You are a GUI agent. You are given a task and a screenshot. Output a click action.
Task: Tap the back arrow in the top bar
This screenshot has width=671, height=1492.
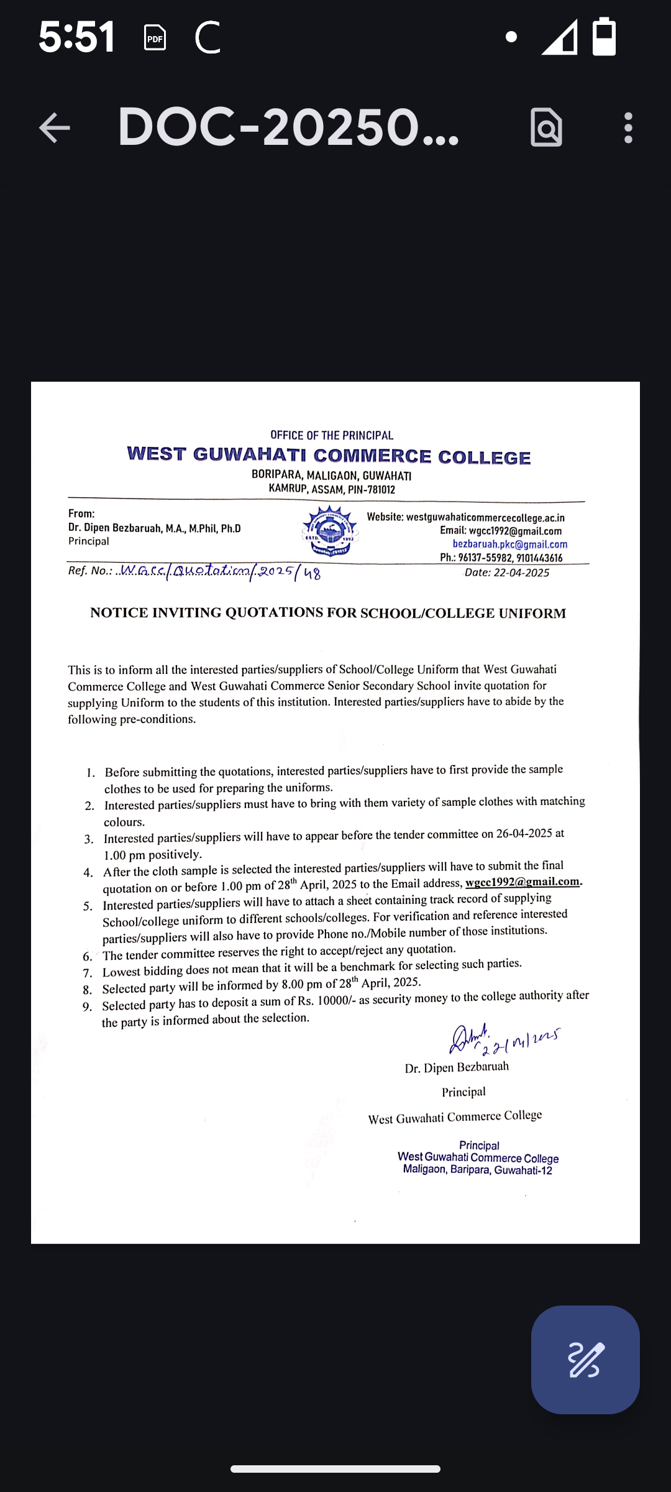click(x=55, y=128)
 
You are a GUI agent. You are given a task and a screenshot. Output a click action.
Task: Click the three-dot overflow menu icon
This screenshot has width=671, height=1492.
click(x=628, y=128)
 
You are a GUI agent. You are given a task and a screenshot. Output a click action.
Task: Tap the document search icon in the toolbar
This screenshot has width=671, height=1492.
click(x=546, y=128)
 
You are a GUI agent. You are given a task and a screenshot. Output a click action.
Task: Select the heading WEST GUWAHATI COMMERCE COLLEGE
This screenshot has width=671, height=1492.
click(x=329, y=456)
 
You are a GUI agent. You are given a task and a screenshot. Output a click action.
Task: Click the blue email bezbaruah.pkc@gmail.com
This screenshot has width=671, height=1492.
click(x=509, y=545)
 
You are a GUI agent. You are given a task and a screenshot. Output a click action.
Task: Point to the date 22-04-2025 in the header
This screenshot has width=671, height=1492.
click(x=521, y=573)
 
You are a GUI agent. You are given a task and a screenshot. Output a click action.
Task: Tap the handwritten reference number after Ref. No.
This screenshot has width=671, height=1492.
click(x=221, y=571)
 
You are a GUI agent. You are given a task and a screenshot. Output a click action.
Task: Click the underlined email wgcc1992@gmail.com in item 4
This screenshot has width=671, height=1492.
click(x=523, y=882)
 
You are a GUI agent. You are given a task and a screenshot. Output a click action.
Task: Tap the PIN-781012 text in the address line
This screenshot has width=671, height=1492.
click(x=371, y=489)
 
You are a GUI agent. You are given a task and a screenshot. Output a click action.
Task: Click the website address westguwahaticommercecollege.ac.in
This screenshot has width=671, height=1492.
click(x=485, y=517)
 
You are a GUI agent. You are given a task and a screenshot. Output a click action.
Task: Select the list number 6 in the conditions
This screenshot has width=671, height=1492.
click(x=88, y=956)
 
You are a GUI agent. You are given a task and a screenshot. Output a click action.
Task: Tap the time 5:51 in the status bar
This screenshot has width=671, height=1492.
click(x=76, y=37)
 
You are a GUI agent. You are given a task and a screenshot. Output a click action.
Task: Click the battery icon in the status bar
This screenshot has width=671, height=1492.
click(x=604, y=37)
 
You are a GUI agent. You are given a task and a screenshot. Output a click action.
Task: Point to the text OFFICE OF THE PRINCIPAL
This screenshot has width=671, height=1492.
click(x=331, y=435)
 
